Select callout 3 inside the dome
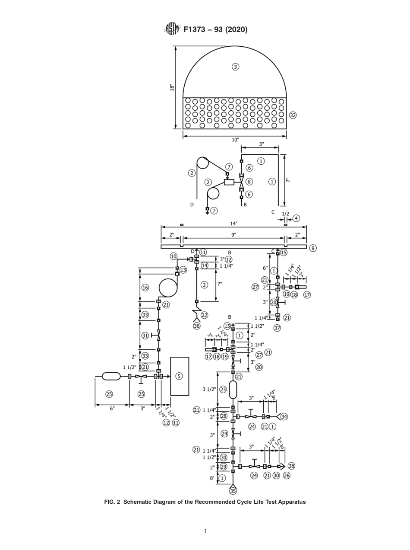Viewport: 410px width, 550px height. click(235, 67)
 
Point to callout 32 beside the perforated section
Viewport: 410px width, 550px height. click(293, 115)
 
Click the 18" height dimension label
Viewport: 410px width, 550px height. click(172, 87)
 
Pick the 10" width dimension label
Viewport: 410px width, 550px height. click(235, 140)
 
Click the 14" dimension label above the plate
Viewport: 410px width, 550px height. click(233, 224)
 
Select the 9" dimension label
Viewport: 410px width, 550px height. click(233, 235)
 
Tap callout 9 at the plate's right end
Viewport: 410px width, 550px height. click(313, 248)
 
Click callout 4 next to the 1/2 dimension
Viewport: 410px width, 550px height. click(296, 218)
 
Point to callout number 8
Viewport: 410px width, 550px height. click(249, 182)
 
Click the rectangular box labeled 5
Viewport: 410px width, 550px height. click(180, 376)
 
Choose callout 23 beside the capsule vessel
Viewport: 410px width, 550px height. click(223, 389)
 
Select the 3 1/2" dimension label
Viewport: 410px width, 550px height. click(209, 389)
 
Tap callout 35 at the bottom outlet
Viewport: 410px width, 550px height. click(233, 491)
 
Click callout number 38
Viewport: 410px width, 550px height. click(292, 466)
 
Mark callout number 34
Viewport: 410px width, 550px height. click(284, 416)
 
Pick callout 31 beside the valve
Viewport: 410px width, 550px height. click(145, 335)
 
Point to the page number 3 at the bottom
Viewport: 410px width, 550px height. click(205, 531)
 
